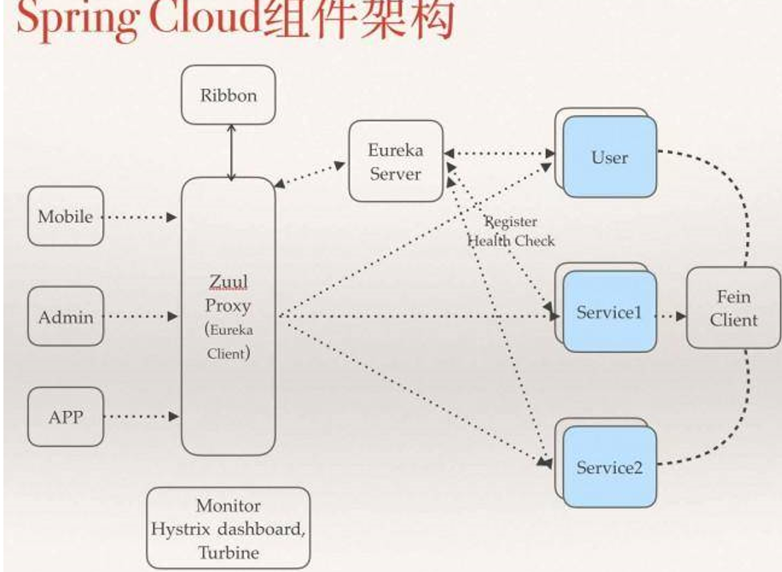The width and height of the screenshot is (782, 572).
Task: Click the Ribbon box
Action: (x=228, y=95)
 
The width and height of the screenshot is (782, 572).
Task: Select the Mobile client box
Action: (x=65, y=217)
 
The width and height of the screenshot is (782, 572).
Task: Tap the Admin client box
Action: (x=65, y=317)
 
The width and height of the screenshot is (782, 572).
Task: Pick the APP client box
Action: (x=65, y=418)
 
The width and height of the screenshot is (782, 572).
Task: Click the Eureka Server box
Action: (x=395, y=161)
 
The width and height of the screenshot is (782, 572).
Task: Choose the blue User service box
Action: (x=609, y=158)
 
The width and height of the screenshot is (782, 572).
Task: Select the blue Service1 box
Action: (x=609, y=313)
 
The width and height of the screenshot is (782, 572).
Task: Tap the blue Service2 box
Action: (x=609, y=467)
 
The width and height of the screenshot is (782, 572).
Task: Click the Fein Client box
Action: (x=733, y=308)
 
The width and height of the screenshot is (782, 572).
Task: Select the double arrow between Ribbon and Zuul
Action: (x=230, y=151)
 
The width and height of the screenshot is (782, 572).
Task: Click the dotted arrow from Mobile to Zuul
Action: (x=142, y=217)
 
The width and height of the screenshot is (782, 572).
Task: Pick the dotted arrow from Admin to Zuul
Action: (x=142, y=317)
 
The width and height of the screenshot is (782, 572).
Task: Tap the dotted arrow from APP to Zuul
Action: (x=142, y=418)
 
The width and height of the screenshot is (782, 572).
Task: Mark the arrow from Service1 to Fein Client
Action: (x=671, y=315)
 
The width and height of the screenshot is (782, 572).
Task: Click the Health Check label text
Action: (x=511, y=240)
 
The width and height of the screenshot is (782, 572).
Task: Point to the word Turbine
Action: (x=228, y=551)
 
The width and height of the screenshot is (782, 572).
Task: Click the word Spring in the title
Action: (x=70, y=21)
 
